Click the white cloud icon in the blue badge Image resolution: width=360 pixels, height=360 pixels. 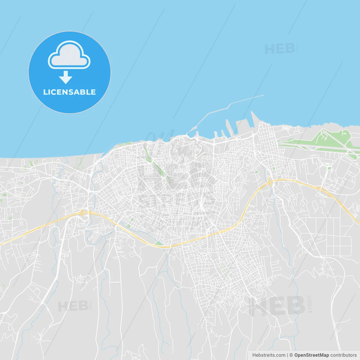coord(69,55)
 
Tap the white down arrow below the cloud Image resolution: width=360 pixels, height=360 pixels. coord(66,77)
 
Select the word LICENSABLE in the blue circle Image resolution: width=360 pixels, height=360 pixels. coord(69,92)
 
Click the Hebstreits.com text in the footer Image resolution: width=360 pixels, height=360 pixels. coord(269,355)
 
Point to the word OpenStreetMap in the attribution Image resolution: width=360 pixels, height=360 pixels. coord(311,355)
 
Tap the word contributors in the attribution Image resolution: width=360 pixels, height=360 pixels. coord(343,355)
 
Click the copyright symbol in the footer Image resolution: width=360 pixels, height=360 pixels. coord(291,355)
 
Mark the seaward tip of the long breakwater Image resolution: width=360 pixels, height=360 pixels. coord(263,95)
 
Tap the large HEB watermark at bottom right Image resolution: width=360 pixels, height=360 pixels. coord(277,306)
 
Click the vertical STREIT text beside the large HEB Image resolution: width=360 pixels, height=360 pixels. coord(310,304)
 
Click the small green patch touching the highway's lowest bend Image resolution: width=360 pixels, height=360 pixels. coord(158,243)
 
